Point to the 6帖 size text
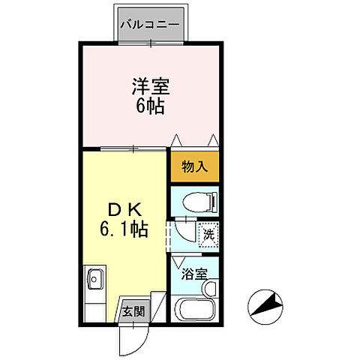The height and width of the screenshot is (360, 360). pos(148,105)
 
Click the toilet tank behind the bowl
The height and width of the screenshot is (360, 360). pos(214,201)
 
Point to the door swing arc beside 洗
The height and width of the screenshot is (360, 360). pos(186,229)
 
